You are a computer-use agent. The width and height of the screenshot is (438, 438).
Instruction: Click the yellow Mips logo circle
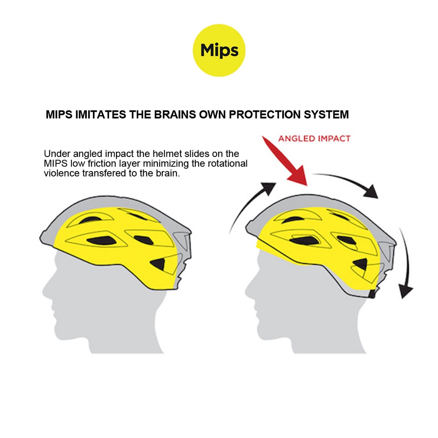[x=219, y=50]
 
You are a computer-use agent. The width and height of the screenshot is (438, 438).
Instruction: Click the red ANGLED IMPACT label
[x=314, y=139]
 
